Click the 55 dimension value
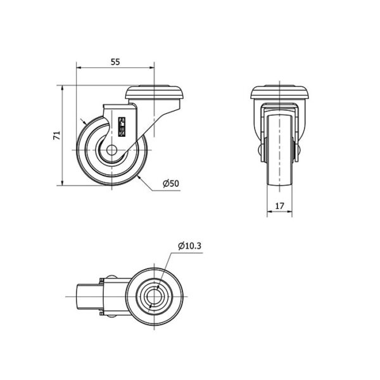pyautogui.click(x=115, y=62)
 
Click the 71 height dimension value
pyautogui.click(x=56, y=136)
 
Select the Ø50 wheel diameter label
pyautogui.click(x=171, y=184)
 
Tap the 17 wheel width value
pyautogui.click(x=279, y=206)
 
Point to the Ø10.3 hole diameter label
pyautogui.click(x=189, y=246)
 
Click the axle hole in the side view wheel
pyautogui.click(x=111, y=150)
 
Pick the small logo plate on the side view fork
pyautogui.click(x=122, y=127)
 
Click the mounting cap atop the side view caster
pyautogui.click(x=155, y=92)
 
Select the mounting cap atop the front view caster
pyautogui.click(x=280, y=92)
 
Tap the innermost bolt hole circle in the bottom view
pyautogui.click(x=155, y=296)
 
